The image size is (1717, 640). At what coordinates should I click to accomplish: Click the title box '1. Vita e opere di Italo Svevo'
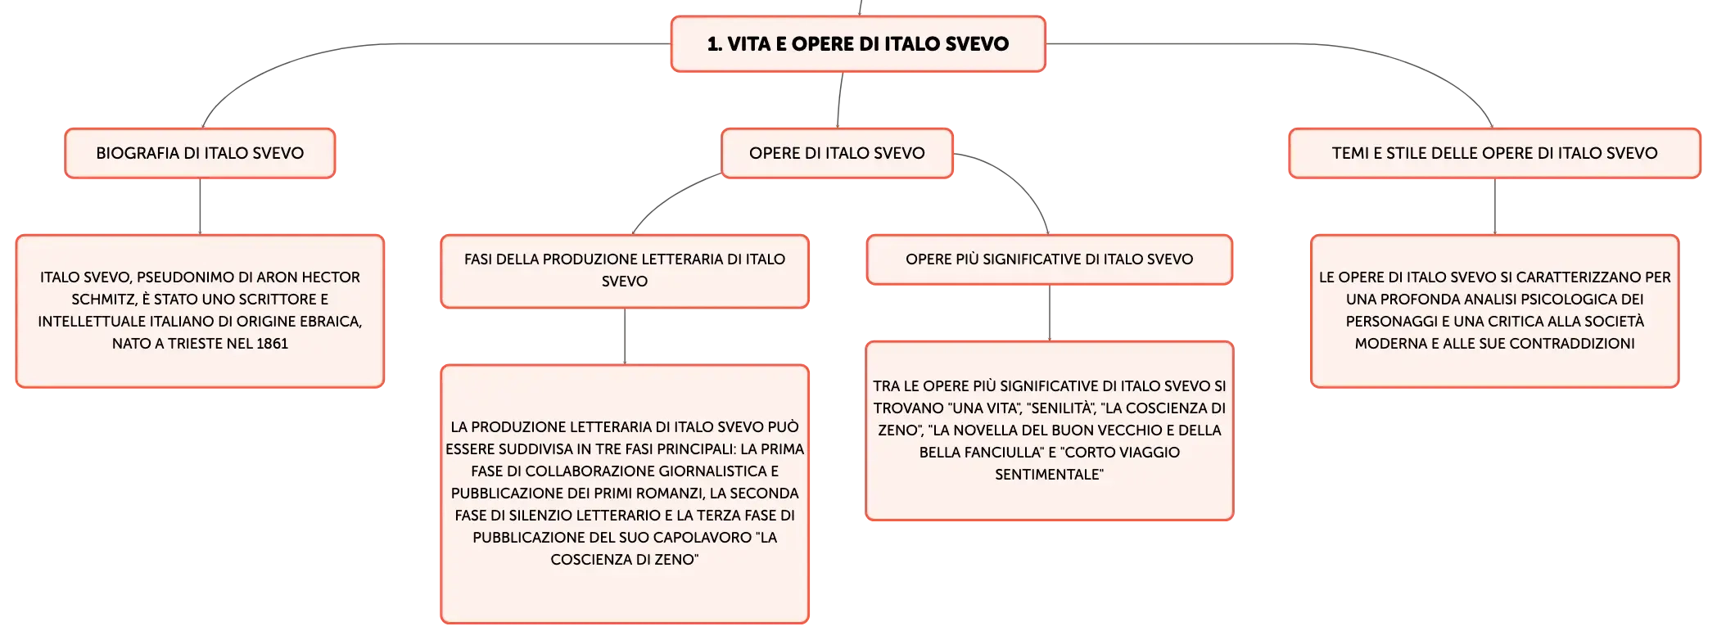point(858,44)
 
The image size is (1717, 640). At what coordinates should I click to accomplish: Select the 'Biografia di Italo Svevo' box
point(200,153)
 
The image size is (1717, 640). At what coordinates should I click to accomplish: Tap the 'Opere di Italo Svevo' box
point(837,153)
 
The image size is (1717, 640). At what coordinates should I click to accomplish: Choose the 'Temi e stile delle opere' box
point(1494,153)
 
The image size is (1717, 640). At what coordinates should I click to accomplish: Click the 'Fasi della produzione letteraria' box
point(625,271)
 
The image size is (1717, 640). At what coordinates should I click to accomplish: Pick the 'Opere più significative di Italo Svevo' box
point(1050,259)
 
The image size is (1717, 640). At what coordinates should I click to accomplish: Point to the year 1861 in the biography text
point(272,344)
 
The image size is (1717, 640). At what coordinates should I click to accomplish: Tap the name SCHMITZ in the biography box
point(102,300)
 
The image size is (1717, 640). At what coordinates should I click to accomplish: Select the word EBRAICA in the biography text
point(331,322)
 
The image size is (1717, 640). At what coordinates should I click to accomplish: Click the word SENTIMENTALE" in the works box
point(1049,475)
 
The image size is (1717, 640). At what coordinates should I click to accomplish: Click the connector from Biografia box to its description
point(200,206)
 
